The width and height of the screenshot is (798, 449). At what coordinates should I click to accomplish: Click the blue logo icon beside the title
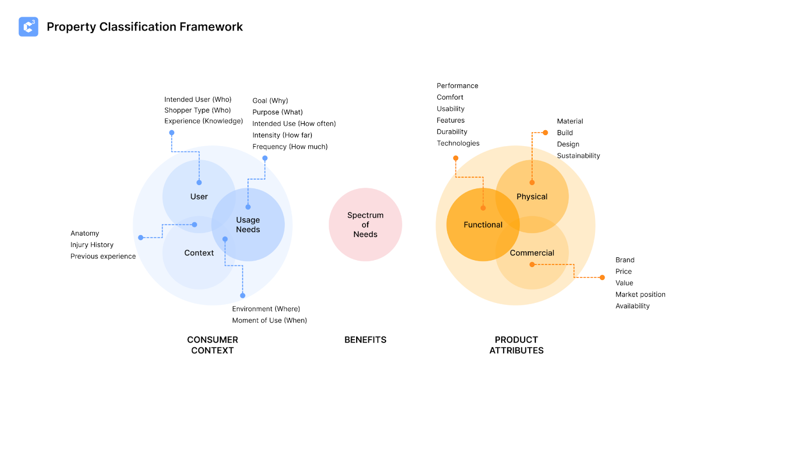tap(28, 27)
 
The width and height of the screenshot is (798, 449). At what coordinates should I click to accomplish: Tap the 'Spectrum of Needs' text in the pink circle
tap(365, 224)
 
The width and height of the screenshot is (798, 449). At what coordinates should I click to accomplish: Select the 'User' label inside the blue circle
tap(199, 197)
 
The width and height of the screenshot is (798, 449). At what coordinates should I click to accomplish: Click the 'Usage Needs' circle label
tap(248, 224)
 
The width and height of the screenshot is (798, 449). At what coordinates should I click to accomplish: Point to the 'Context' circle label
tap(199, 253)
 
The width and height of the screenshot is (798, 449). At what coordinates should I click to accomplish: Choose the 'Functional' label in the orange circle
tap(483, 225)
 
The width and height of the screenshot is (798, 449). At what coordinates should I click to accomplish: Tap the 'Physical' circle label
tap(532, 197)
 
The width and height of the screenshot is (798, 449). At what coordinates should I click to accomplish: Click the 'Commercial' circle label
tap(532, 253)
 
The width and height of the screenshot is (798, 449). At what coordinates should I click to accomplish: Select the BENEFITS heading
tap(365, 340)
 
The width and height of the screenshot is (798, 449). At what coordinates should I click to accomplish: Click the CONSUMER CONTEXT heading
tap(212, 345)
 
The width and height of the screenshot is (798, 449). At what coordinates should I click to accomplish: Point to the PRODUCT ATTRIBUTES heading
tap(516, 345)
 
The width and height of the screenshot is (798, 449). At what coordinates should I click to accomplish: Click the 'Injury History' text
tap(92, 245)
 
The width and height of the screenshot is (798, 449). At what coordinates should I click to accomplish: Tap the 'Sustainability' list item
tap(578, 156)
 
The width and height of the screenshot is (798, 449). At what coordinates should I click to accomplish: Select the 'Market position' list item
tap(640, 294)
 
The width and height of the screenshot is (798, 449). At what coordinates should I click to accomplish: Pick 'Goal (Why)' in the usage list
tap(270, 101)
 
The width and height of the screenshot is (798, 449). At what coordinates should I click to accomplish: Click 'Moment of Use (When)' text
tap(269, 320)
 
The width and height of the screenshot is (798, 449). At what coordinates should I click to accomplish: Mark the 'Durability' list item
tap(452, 132)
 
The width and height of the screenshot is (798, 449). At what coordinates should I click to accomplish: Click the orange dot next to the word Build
tap(545, 133)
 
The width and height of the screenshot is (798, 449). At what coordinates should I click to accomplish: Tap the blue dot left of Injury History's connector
tap(141, 237)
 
